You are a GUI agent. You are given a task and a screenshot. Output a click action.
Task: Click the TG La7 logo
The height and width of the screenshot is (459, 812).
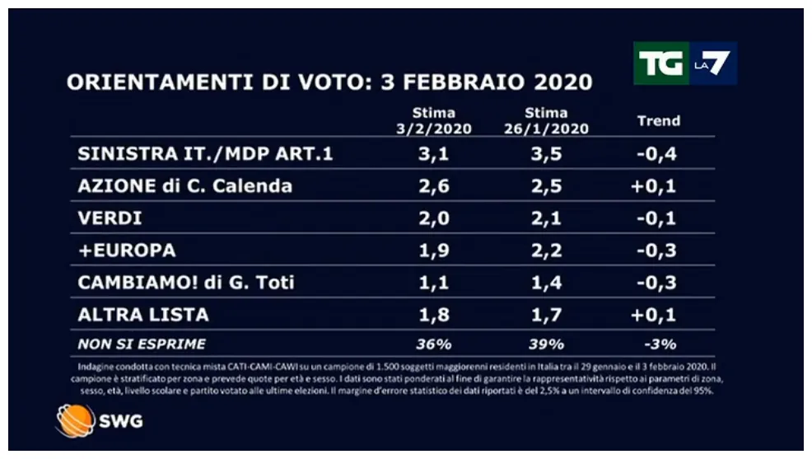[684, 63]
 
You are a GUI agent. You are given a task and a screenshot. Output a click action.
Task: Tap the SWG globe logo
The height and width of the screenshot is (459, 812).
[71, 420]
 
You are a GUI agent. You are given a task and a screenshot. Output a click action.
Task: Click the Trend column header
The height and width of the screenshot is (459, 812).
[659, 120]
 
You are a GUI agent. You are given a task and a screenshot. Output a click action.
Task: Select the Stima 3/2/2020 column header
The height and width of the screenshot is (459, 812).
[434, 120]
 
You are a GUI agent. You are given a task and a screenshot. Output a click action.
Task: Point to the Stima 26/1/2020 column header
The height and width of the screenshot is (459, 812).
[546, 120]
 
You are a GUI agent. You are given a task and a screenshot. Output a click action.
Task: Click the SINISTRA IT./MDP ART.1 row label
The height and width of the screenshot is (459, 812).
[205, 153]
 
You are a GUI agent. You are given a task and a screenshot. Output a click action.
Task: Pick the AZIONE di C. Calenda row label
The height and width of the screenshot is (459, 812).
[184, 185]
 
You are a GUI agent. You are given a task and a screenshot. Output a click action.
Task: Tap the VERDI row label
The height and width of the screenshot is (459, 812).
[110, 218]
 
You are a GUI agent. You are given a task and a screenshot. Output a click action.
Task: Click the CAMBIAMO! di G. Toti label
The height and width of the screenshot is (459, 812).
[186, 283]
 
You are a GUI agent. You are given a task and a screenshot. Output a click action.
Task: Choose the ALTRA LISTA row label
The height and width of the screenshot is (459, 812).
[143, 315]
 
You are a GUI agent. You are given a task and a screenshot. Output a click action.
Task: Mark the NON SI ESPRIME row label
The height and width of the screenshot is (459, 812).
[142, 344]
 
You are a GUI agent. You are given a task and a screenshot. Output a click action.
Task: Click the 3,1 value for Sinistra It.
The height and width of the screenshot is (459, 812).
[433, 153]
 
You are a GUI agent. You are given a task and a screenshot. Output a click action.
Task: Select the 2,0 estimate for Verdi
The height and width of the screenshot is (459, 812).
[433, 218]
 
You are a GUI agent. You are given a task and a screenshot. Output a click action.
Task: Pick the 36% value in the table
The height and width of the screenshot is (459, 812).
[434, 344]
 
